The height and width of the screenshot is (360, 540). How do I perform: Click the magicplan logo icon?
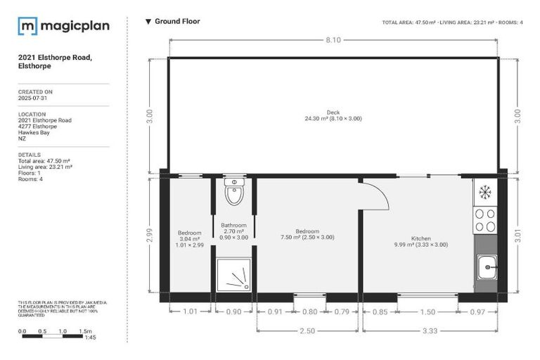27,26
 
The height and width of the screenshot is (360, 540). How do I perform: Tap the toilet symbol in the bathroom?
233,191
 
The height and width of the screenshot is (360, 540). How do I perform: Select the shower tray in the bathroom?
234,274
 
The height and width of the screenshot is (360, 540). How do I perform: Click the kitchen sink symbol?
485,266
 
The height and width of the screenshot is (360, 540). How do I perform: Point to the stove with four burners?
484,220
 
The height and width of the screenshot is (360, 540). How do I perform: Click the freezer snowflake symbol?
484,191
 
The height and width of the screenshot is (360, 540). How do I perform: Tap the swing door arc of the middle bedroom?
378,196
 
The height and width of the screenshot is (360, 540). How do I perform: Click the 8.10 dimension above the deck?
333,40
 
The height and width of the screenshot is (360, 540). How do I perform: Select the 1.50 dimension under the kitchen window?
427,311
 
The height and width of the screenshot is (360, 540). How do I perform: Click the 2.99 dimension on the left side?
150,236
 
